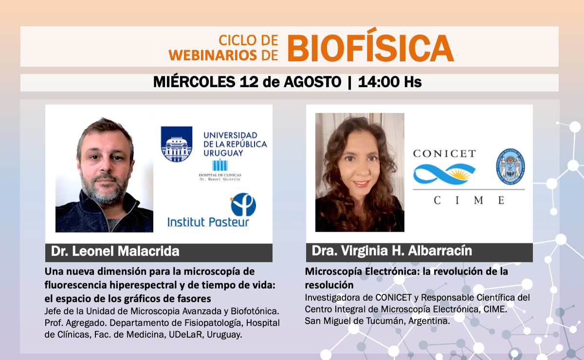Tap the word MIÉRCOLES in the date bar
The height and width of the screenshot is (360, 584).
click(194, 82)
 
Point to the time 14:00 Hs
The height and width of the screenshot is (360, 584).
click(390, 82)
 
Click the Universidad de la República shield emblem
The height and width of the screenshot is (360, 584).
click(177, 144)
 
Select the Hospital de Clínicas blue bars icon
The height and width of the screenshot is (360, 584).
click(220, 165)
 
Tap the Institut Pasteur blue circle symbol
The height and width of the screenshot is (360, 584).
click(243, 204)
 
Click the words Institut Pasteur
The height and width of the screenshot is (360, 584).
click(208, 222)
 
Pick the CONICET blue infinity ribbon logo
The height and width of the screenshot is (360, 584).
click(444, 174)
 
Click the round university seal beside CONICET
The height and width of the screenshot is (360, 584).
click(510, 166)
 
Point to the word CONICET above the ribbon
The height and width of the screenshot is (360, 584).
click(444, 154)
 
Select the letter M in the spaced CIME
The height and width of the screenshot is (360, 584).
click(479, 200)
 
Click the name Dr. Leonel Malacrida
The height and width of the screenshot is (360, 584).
click(115, 252)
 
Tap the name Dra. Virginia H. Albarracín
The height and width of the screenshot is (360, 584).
click(392, 251)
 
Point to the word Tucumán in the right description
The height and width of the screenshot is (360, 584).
click(384, 321)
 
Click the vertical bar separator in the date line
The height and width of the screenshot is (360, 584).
click(349, 82)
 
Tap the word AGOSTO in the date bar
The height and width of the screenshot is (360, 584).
click(312, 82)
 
